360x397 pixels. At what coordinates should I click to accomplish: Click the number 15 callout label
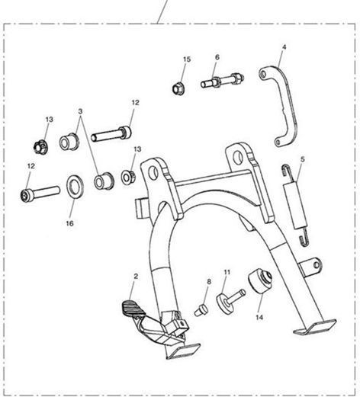coord(187,59)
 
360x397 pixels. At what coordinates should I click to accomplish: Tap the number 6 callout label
coord(217,57)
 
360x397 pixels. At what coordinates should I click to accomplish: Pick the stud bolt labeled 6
coord(222,80)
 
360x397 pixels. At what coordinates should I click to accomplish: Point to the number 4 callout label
coord(284,47)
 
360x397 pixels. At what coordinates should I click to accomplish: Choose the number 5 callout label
coord(302,159)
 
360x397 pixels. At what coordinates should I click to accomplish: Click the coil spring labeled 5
coord(296,205)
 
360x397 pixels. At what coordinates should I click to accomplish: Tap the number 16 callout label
coord(69,223)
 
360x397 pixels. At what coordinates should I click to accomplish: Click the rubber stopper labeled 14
coord(260,280)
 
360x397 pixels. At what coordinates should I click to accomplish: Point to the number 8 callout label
coord(209,281)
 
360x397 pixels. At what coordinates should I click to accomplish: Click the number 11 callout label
coord(227,272)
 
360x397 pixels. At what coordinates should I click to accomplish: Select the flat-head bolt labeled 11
coord(230,300)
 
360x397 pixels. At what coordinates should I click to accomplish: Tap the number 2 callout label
coord(136,276)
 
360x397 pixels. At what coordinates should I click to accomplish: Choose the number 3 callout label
coord(80,111)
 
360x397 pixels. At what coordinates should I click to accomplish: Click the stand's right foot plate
coord(315,326)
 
